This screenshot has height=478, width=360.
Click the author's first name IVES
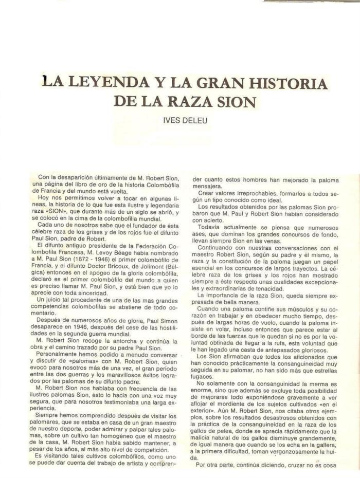(x=171, y=121)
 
